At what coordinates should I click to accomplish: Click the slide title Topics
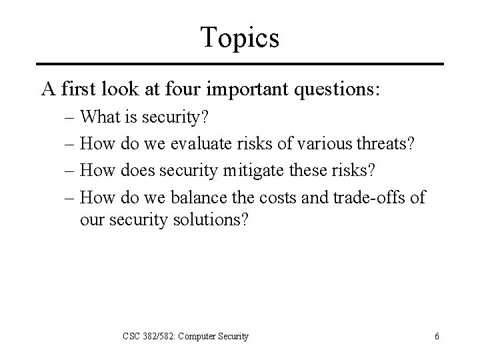pyautogui.click(x=241, y=38)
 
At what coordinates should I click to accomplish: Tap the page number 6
pyautogui.click(x=436, y=337)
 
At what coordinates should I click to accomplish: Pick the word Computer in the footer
pyautogui.click(x=197, y=337)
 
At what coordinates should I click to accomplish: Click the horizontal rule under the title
pyautogui.click(x=241, y=64)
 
